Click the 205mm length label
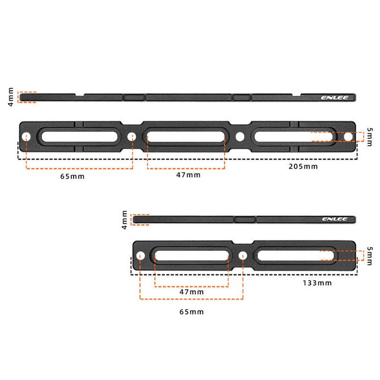tap(303, 167)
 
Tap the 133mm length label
tap(317, 283)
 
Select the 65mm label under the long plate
tap(72, 176)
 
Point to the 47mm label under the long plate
tap(188, 175)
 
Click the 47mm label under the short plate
tap(191, 292)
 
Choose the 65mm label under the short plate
tap(191, 312)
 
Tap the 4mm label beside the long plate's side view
tap(10, 97)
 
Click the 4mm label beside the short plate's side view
tap(124, 219)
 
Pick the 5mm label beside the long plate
tap(370, 137)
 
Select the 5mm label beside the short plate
tap(370, 256)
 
